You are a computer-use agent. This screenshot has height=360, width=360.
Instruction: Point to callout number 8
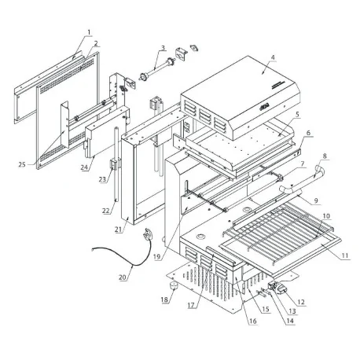[325, 156]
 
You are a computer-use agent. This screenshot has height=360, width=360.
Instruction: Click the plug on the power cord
[147, 234]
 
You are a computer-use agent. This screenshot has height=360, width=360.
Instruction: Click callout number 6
[307, 134]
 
